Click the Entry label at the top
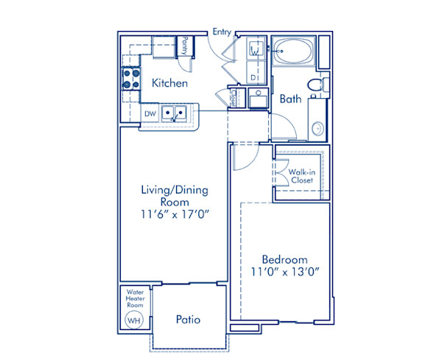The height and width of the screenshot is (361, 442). (x=222, y=32)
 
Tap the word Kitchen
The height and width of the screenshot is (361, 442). (x=169, y=83)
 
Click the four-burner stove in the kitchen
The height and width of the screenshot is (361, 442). (x=130, y=78)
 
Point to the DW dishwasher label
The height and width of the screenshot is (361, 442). (x=150, y=113)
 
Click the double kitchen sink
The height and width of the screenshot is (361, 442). (x=175, y=113)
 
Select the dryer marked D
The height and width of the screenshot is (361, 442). (x=253, y=77)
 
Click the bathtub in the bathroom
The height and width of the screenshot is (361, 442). (x=296, y=52)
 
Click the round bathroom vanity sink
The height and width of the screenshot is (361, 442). (x=318, y=127)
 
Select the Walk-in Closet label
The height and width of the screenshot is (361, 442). (x=302, y=175)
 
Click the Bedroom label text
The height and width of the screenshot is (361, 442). (x=284, y=259)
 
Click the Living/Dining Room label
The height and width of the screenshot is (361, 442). (x=175, y=195)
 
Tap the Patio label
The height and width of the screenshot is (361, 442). (x=188, y=319)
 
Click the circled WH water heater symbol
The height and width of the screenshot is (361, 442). (x=134, y=320)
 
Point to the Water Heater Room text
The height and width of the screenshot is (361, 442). (x=134, y=298)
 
